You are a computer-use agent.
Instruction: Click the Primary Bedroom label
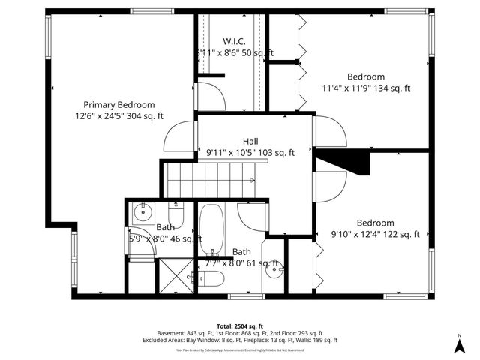click(x=119, y=105)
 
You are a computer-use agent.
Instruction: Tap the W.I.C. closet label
click(x=235, y=41)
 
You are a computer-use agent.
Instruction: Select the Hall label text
click(x=250, y=141)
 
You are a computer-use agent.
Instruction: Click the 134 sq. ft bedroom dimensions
click(x=366, y=88)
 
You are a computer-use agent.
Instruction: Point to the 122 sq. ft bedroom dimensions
click(x=376, y=234)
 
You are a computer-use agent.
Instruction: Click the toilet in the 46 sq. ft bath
click(x=175, y=208)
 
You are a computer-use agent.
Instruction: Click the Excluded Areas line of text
click(x=239, y=340)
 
